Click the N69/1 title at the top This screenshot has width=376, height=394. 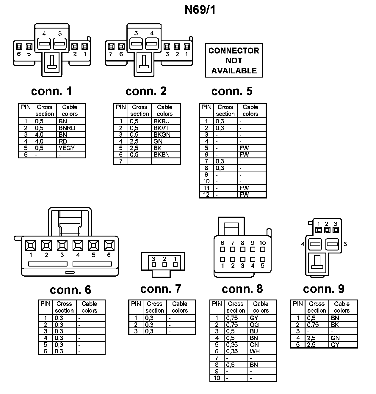tap(200, 10)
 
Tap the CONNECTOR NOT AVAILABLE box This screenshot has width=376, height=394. tap(234, 60)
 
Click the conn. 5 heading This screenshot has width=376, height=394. tap(232, 91)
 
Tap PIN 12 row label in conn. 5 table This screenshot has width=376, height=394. tap(206, 195)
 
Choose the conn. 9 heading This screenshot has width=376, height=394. tap(324, 289)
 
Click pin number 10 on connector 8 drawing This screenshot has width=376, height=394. tap(262, 243)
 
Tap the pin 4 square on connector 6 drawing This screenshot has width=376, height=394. tap(78, 245)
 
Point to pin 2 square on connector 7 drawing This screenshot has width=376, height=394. tap(164, 264)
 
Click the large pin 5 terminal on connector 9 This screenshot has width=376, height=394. tap(332, 245)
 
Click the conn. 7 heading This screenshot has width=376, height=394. tap(161, 289)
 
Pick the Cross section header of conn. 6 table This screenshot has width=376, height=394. tap(64, 307)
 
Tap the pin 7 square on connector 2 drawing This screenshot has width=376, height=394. tap(111, 47)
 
